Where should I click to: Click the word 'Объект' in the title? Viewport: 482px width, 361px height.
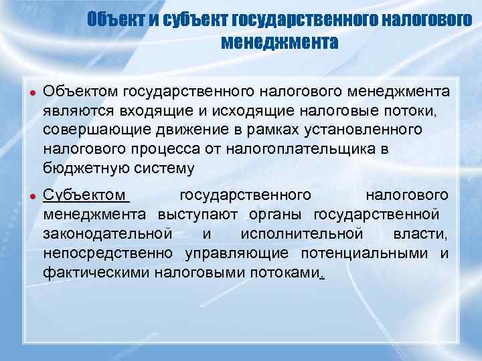[115, 21]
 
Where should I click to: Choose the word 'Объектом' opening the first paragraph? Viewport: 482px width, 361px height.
[81, 91]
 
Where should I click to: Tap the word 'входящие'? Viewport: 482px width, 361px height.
[146, 110]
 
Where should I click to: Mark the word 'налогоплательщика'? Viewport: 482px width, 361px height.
[299, 148]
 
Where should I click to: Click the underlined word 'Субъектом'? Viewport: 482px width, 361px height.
[84, 196]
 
